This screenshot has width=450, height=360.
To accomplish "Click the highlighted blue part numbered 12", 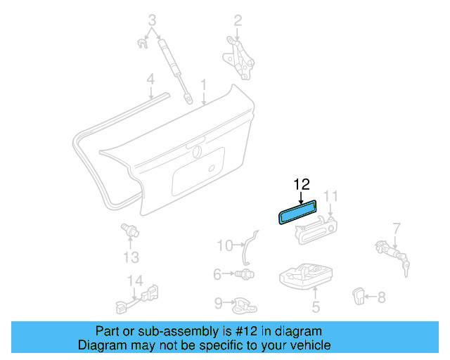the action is (297, 212).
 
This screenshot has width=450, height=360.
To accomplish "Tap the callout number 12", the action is (302, 185).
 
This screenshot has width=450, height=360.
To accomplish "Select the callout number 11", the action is (330, 196).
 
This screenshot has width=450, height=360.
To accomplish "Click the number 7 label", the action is (397, 229).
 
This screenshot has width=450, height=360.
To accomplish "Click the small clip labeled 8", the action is (358, 296).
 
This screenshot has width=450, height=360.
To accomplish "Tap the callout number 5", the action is (316, 307).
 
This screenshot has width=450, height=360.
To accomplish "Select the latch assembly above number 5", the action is (306, 276).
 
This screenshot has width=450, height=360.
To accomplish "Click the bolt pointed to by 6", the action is (245, 274).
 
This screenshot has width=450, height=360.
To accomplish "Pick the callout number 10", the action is (225, 245).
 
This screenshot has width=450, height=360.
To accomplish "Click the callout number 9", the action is (219, 303).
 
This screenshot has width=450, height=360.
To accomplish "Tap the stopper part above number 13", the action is (129, 230).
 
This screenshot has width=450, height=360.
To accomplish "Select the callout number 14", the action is (135, 281).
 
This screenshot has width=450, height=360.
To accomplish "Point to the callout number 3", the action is (152, 20).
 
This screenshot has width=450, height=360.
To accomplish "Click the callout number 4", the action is (150, 79).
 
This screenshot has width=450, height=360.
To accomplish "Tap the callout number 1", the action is (203, 85).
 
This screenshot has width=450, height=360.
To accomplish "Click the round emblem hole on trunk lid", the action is (197, 152).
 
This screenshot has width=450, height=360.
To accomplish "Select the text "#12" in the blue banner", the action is (246, 331).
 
